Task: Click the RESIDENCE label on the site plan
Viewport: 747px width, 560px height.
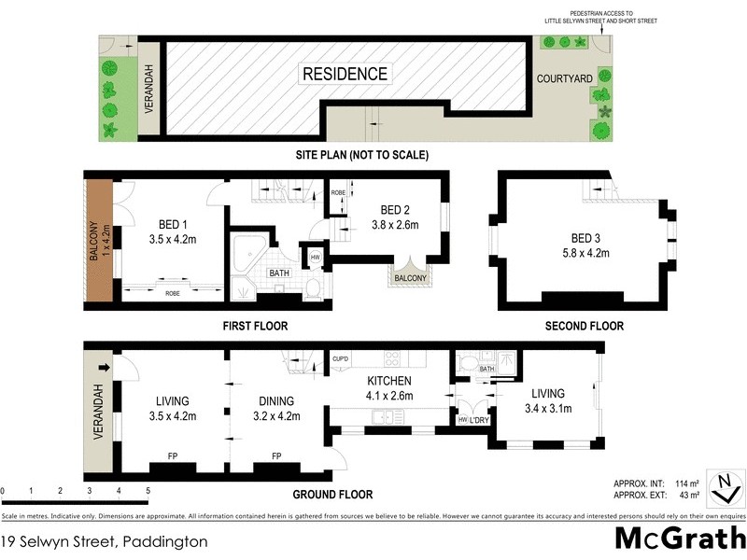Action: click(345, 74)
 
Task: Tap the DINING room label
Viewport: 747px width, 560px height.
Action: click(277, 402)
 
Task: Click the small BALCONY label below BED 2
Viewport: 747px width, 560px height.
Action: click(410, 278)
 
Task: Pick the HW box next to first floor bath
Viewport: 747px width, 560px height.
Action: click(315, 259)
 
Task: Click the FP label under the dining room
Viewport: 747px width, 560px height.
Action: click(276, 457)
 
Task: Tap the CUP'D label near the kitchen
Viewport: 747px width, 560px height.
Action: click(341, 358)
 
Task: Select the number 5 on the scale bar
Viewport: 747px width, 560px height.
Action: click(148, 490)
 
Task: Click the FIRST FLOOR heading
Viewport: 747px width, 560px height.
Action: click(255, 327)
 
